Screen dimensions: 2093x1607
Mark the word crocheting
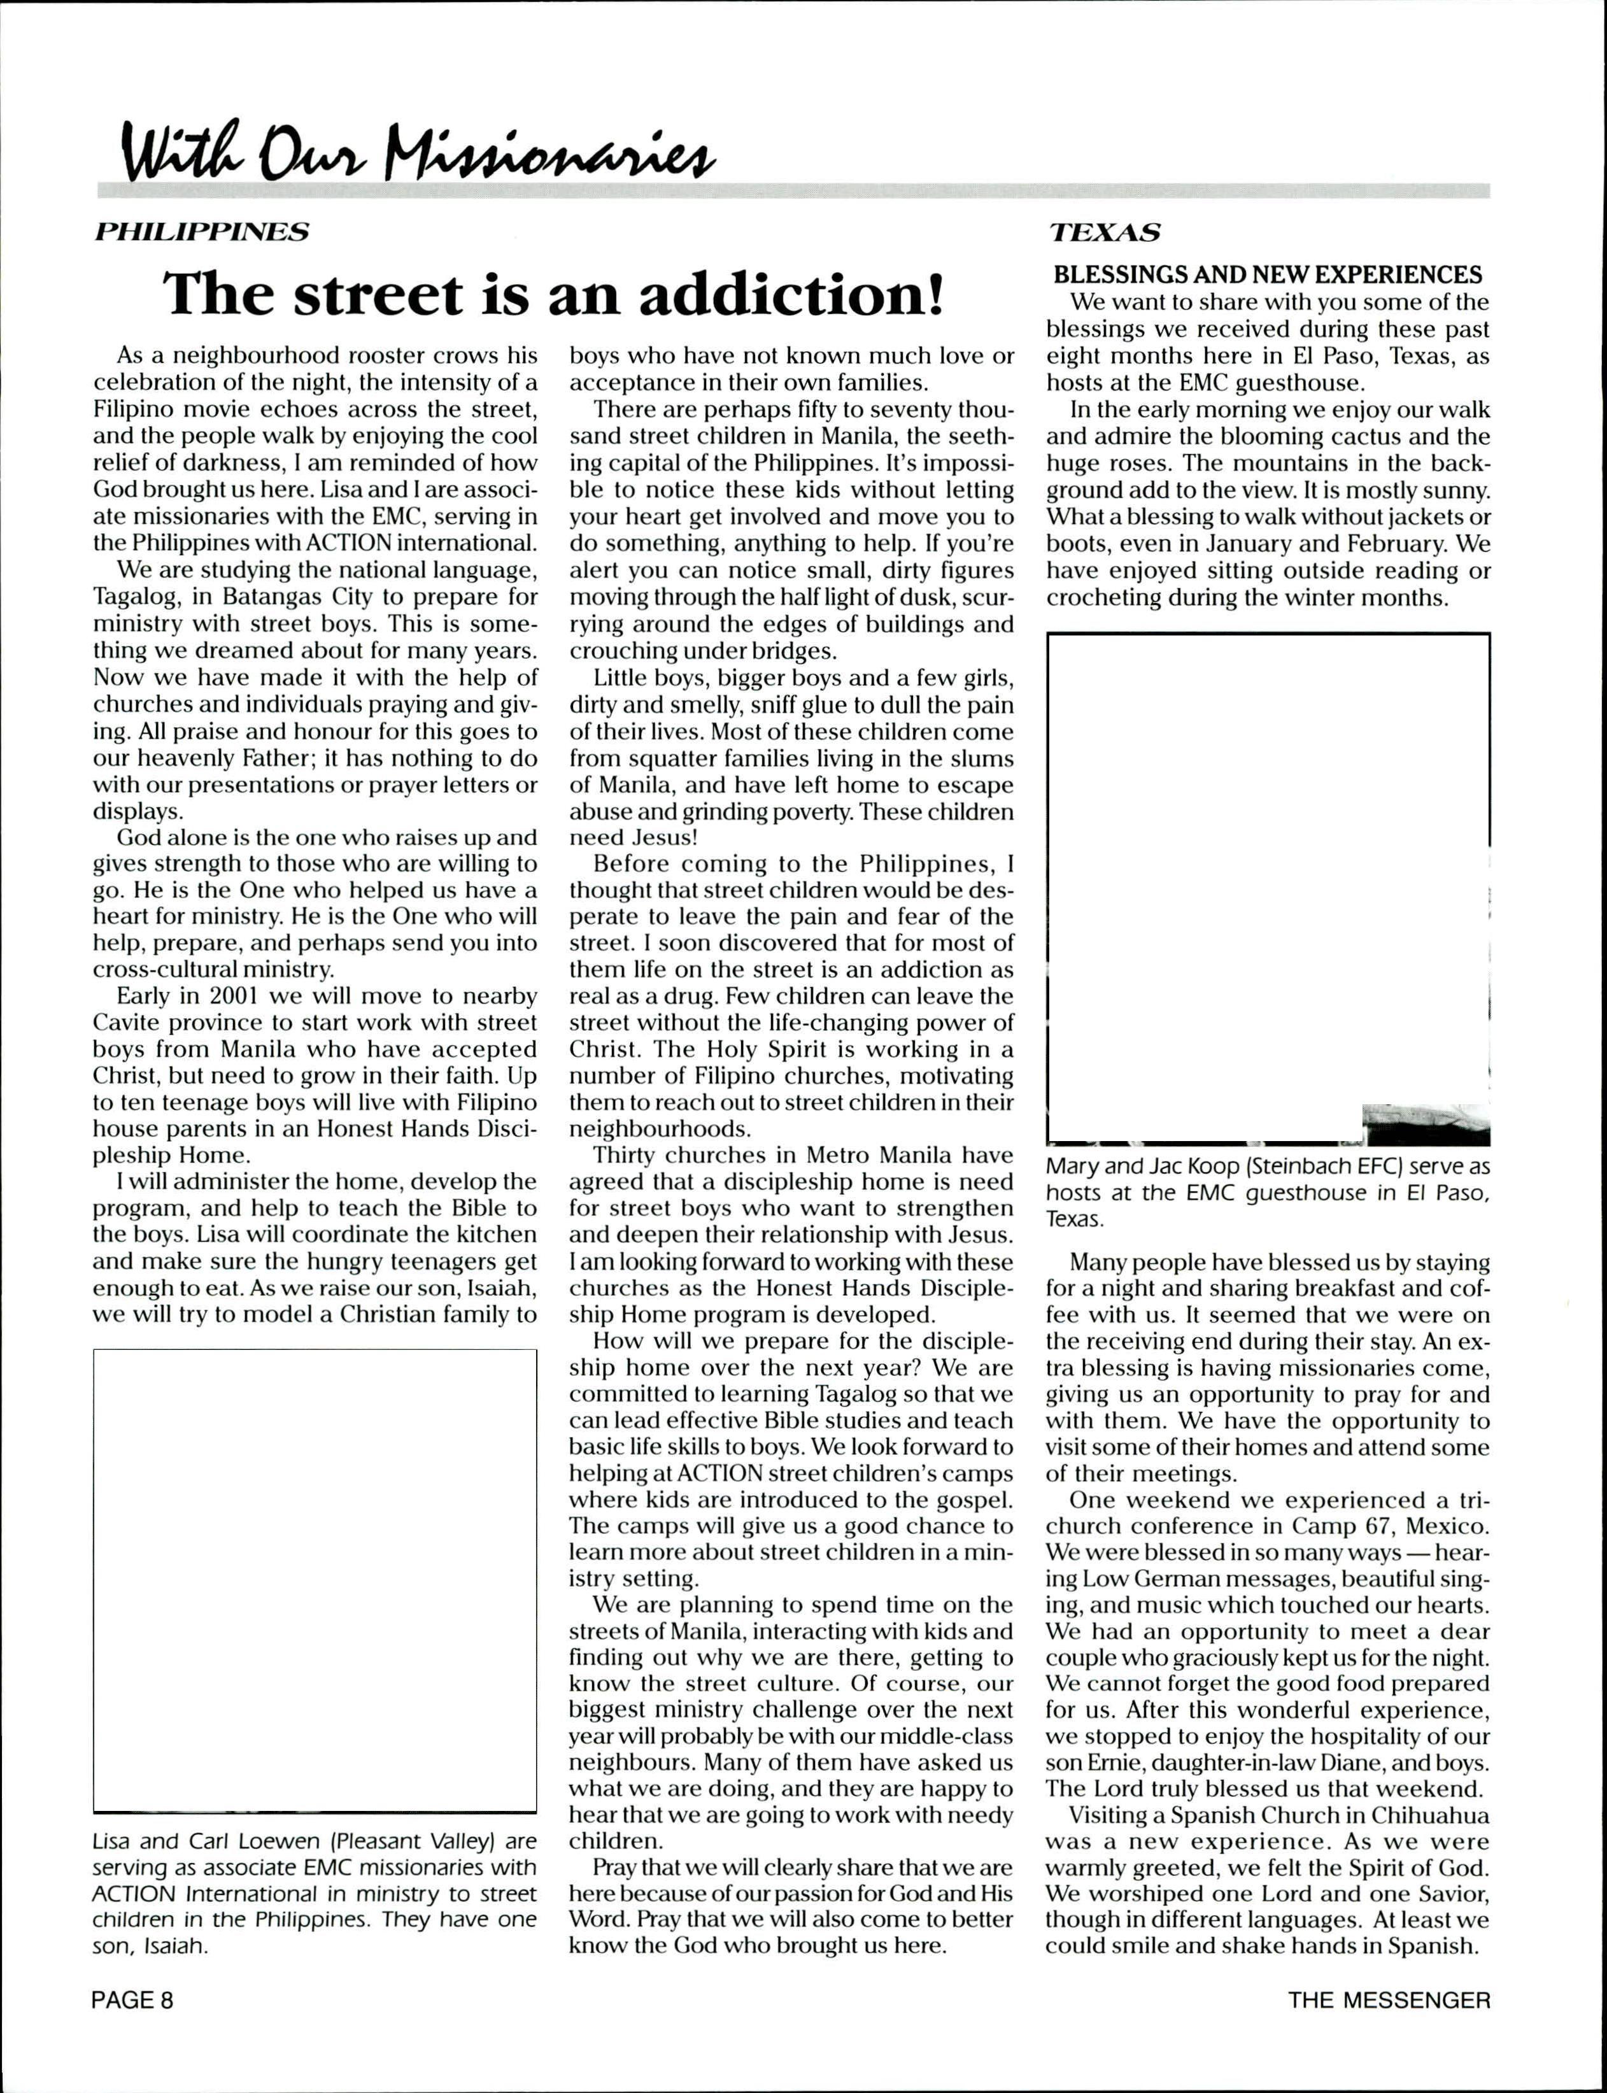[x=1101, y=598]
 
